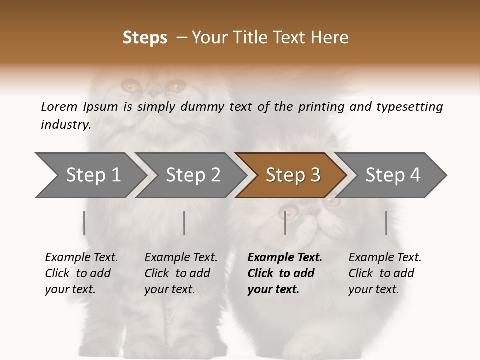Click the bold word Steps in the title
[145, 38]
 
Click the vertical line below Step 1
[84, 223]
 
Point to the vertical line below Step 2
[184, 223]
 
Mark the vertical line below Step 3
[285, 223]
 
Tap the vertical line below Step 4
[386, 223]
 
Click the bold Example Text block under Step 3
[285, 273]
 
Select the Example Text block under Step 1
[81, 273]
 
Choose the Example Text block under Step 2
[181, 273]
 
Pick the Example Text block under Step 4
[385, 273]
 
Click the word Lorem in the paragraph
[59, 107]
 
